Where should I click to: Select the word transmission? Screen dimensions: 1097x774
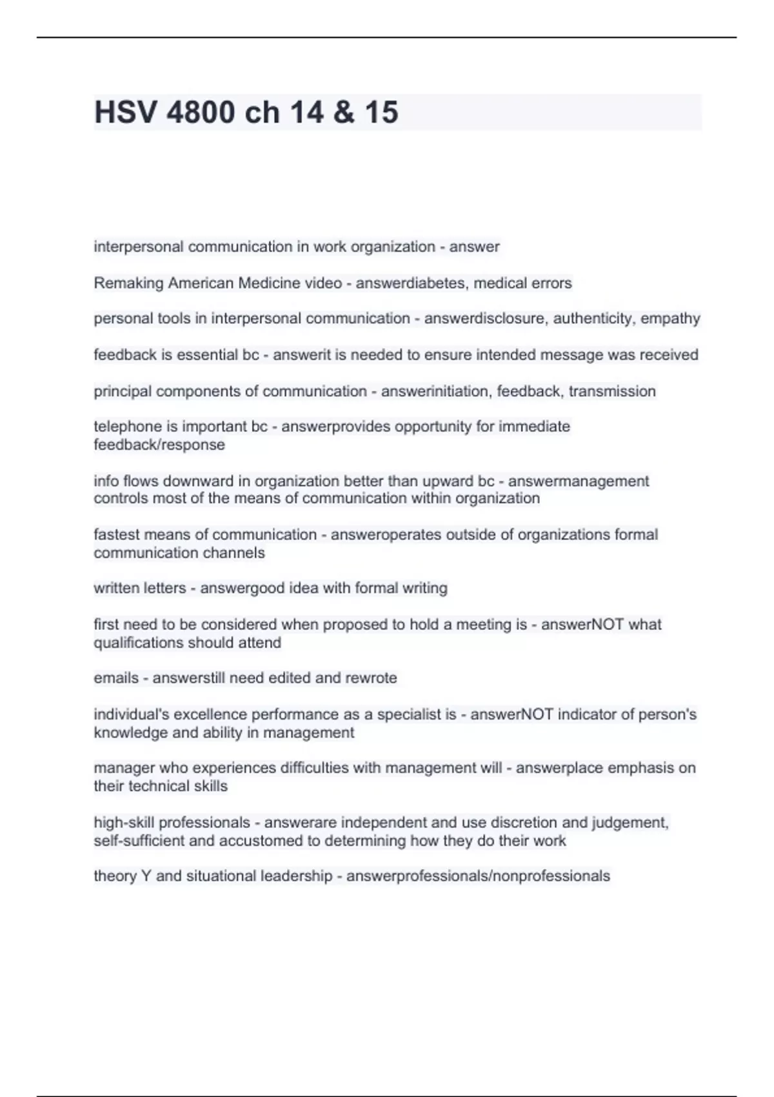pos(612,392)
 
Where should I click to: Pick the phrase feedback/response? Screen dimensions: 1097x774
pos(159,445)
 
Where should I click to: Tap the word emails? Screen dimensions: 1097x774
pos(116,678)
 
